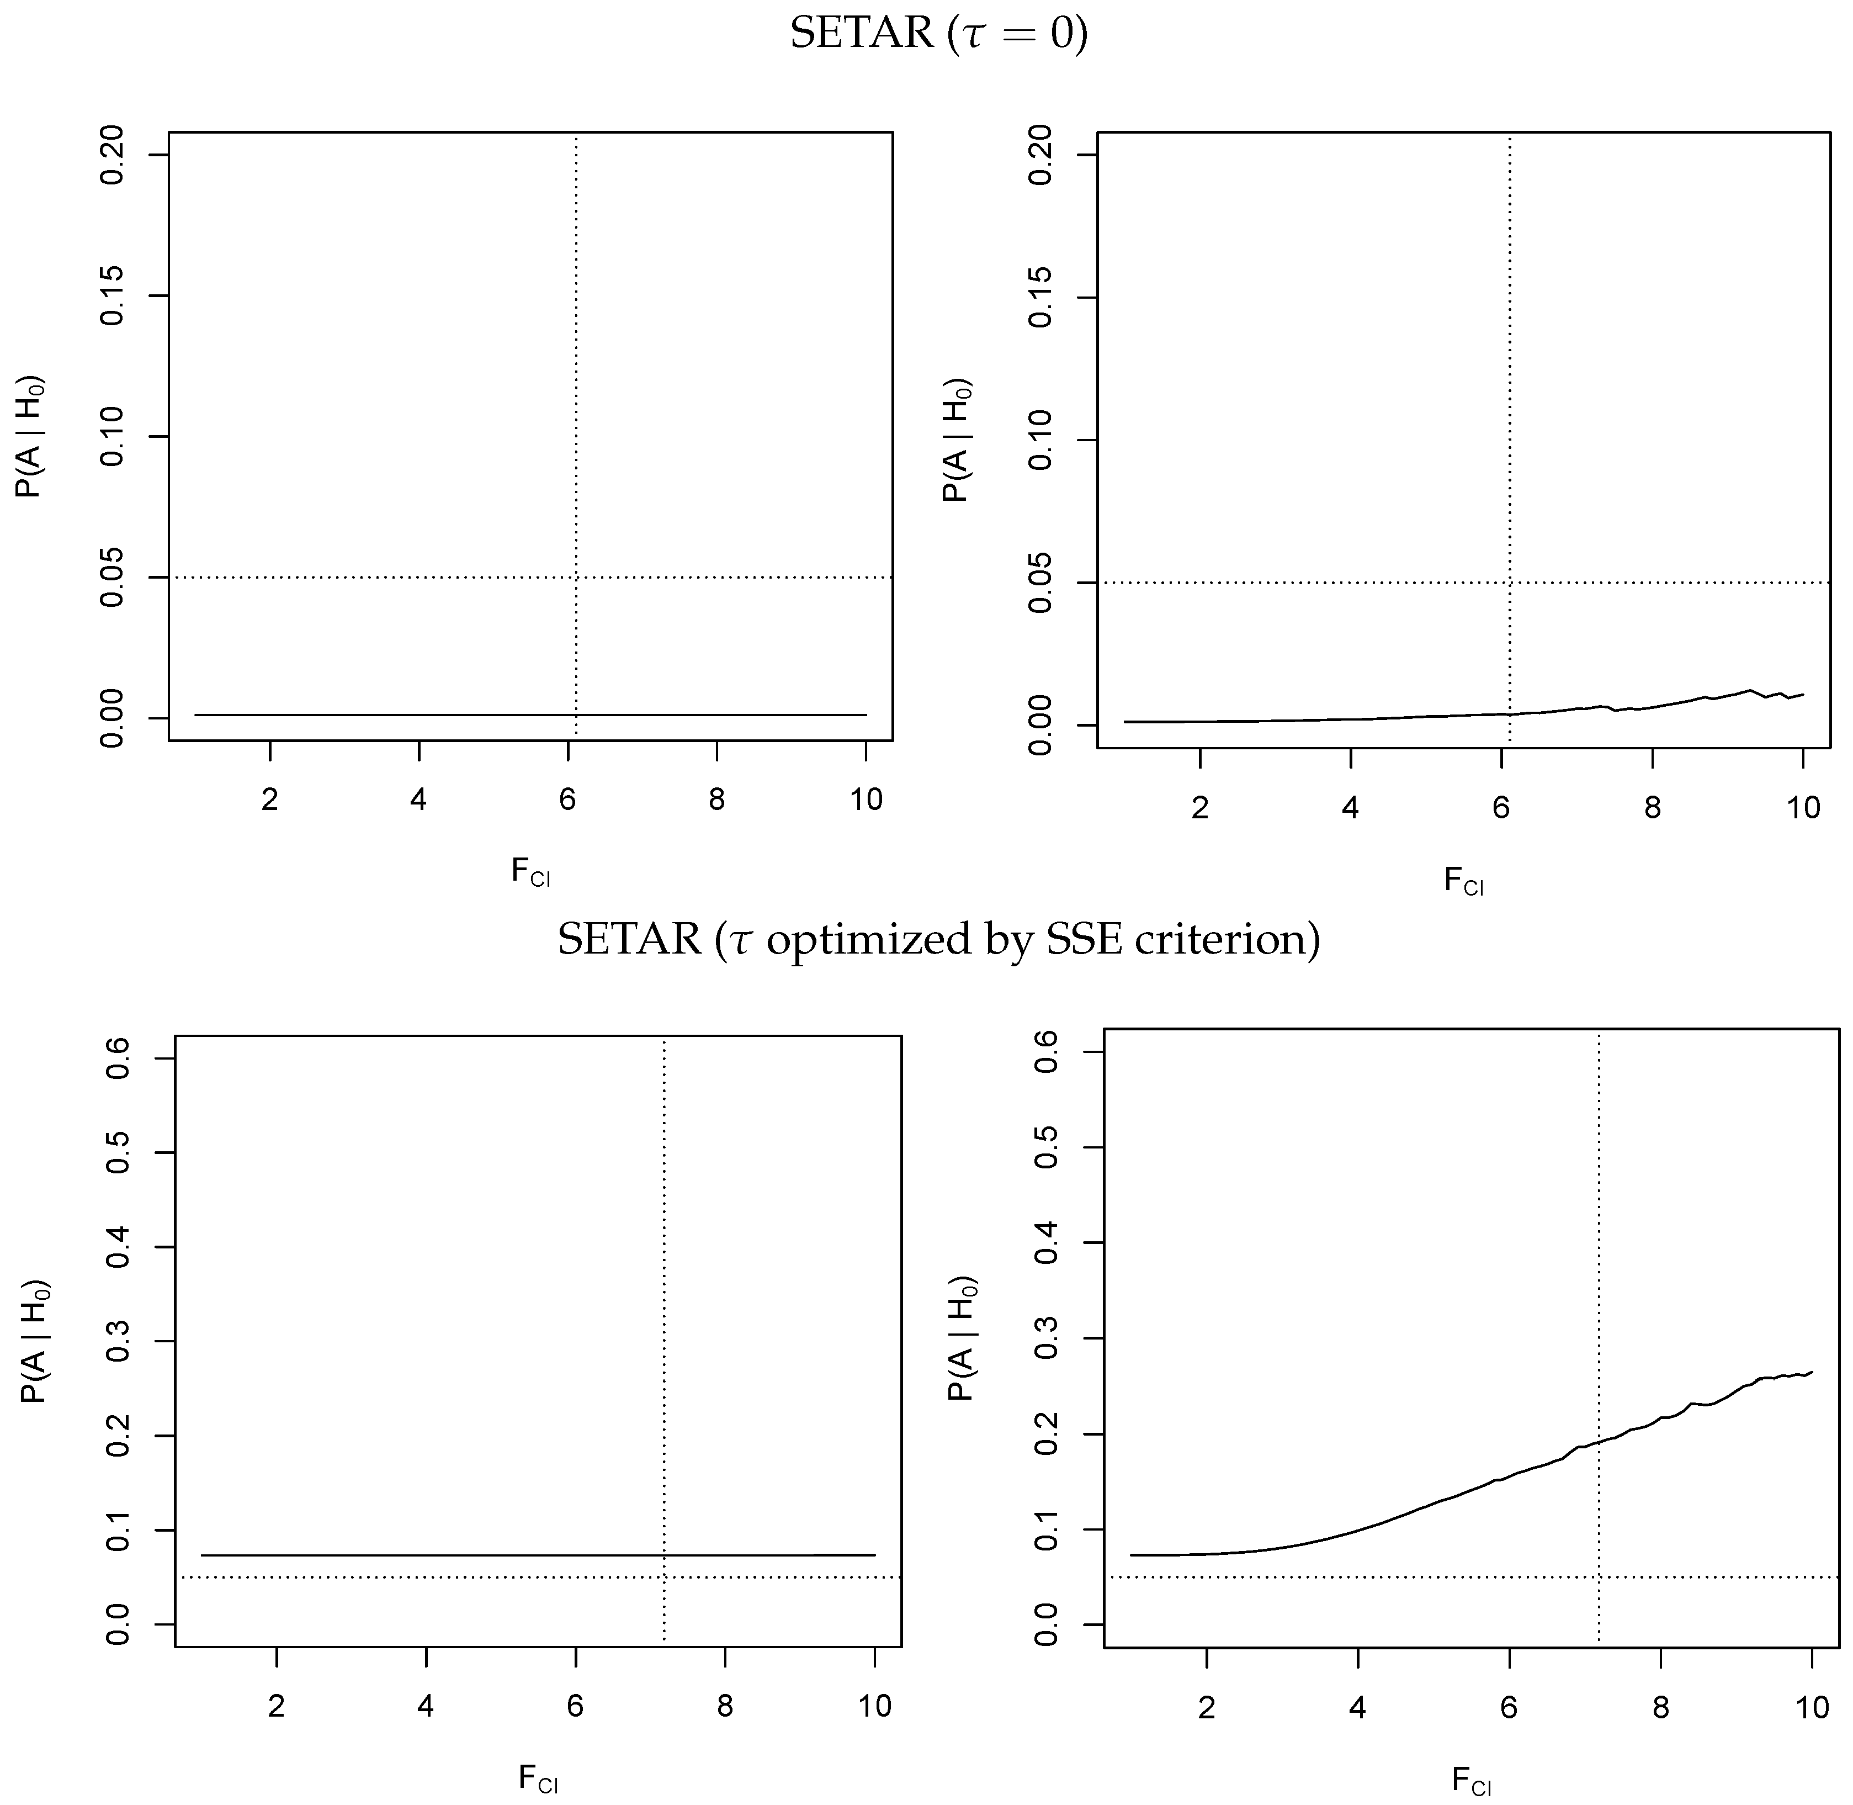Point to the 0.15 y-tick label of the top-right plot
1040,298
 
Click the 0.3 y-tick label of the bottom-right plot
1047,1338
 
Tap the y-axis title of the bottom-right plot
963,1338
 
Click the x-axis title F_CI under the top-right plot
1463,881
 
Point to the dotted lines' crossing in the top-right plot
1509,583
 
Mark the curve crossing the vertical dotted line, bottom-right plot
1599,1443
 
